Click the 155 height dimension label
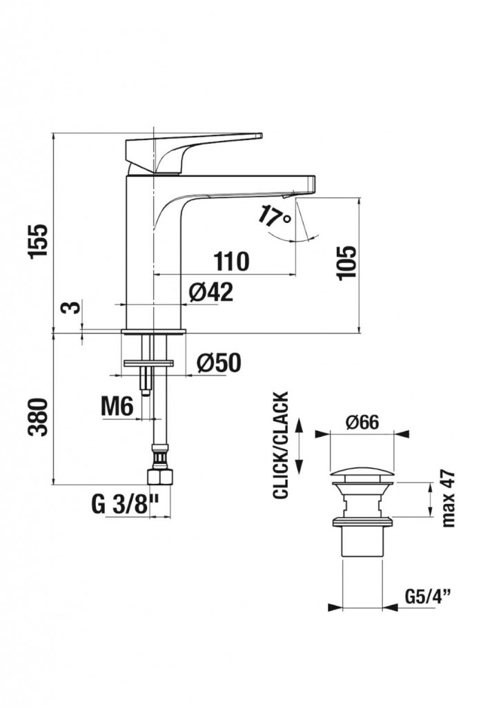(40, 240)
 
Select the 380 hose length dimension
(40, 416)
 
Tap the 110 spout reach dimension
(231, 262)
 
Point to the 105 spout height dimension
(348, 262)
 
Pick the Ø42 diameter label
(210, 293)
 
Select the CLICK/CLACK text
(281, 445)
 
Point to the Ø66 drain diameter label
(363, 421)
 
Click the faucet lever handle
(193, 145)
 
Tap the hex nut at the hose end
(160, 476)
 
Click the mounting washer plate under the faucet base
(148, 362)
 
